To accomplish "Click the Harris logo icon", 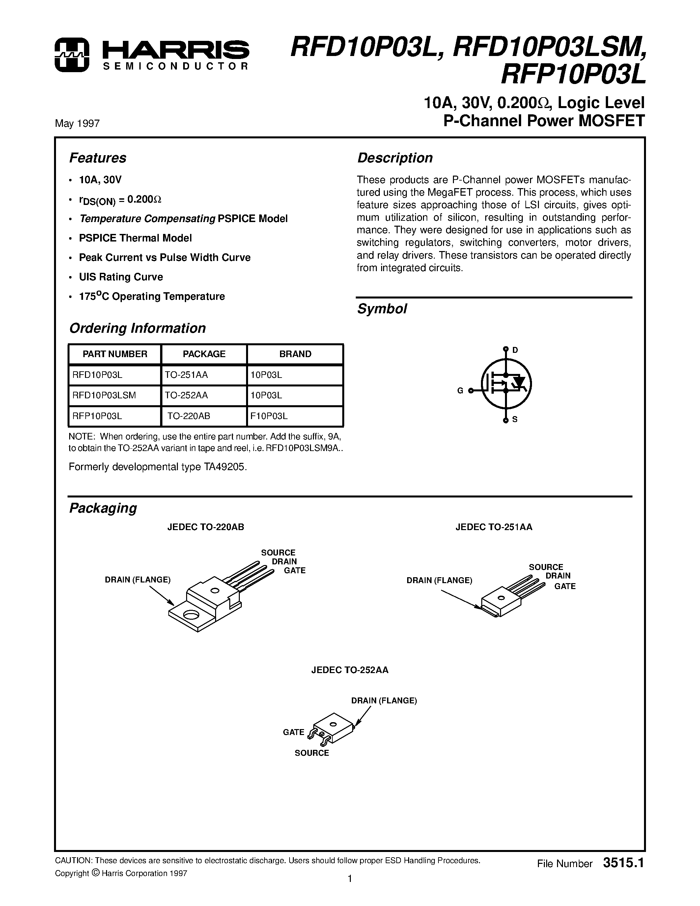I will click(72, 55).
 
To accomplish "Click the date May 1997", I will click(77, 124).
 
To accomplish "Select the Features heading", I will click(98, 158).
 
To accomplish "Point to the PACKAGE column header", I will click(204, 354).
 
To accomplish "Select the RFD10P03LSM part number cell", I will click(104, 395).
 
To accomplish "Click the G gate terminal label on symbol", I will click(460, 390).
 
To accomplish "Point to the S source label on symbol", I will click(515, 419).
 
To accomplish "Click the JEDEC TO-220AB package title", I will click(206, 527).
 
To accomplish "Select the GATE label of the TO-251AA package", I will click(565, 586).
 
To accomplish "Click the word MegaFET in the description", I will click(454, 192).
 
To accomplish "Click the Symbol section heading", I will click(382, 309).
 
